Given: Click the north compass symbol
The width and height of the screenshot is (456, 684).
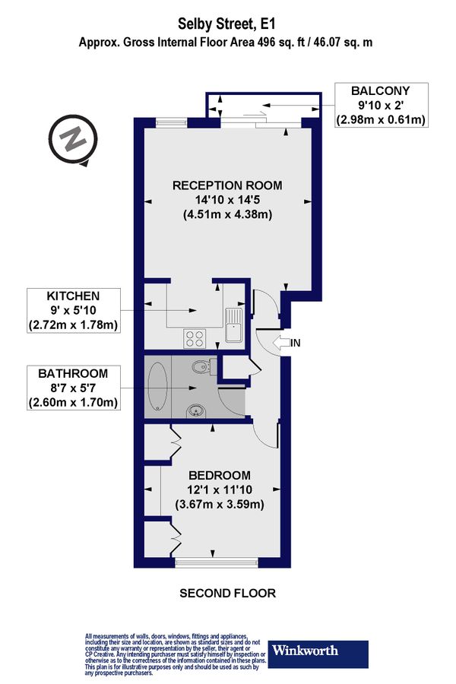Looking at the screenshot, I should (x=73, y=141).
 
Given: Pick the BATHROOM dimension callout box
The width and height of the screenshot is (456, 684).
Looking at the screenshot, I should (x=73, y=388).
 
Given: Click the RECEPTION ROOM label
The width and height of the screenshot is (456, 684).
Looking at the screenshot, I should (x=227, y=185).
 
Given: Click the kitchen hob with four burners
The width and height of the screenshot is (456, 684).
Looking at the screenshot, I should (x=194, y=337).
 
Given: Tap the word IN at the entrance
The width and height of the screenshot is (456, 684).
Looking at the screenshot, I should (x=296, y=344).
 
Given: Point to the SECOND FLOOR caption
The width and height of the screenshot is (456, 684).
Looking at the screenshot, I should (x=227, y=593).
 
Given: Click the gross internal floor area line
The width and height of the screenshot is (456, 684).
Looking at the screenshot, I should (x=226, y=44).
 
